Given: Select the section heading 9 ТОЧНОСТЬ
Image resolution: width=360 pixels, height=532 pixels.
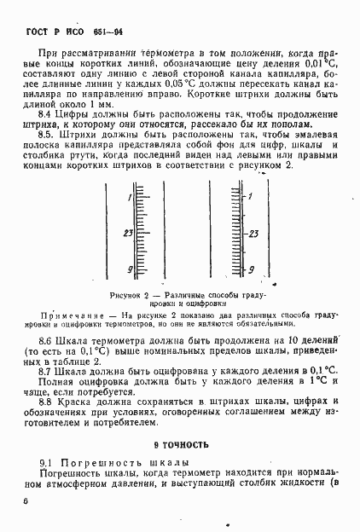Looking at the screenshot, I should click(180, 444).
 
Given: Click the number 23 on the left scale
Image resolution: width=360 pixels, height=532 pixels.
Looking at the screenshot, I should click(128, 233).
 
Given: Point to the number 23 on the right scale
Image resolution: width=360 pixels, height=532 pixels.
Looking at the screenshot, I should click(253, 233).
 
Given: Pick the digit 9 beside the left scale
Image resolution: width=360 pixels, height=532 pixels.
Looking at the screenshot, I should click(130, 269).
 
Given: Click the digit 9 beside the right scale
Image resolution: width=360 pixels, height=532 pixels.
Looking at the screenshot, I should click(251, 269).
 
